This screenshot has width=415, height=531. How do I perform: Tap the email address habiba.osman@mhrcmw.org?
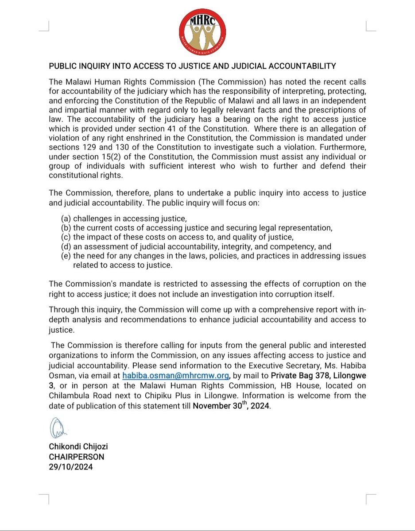(x=176, y=376)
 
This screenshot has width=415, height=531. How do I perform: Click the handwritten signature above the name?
(x=58, y=429)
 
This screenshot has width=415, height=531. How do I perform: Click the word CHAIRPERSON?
(x=77, y=457)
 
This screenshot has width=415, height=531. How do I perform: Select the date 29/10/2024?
(x=71, y=467)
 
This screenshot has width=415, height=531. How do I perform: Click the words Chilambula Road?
(x=77, y=396)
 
